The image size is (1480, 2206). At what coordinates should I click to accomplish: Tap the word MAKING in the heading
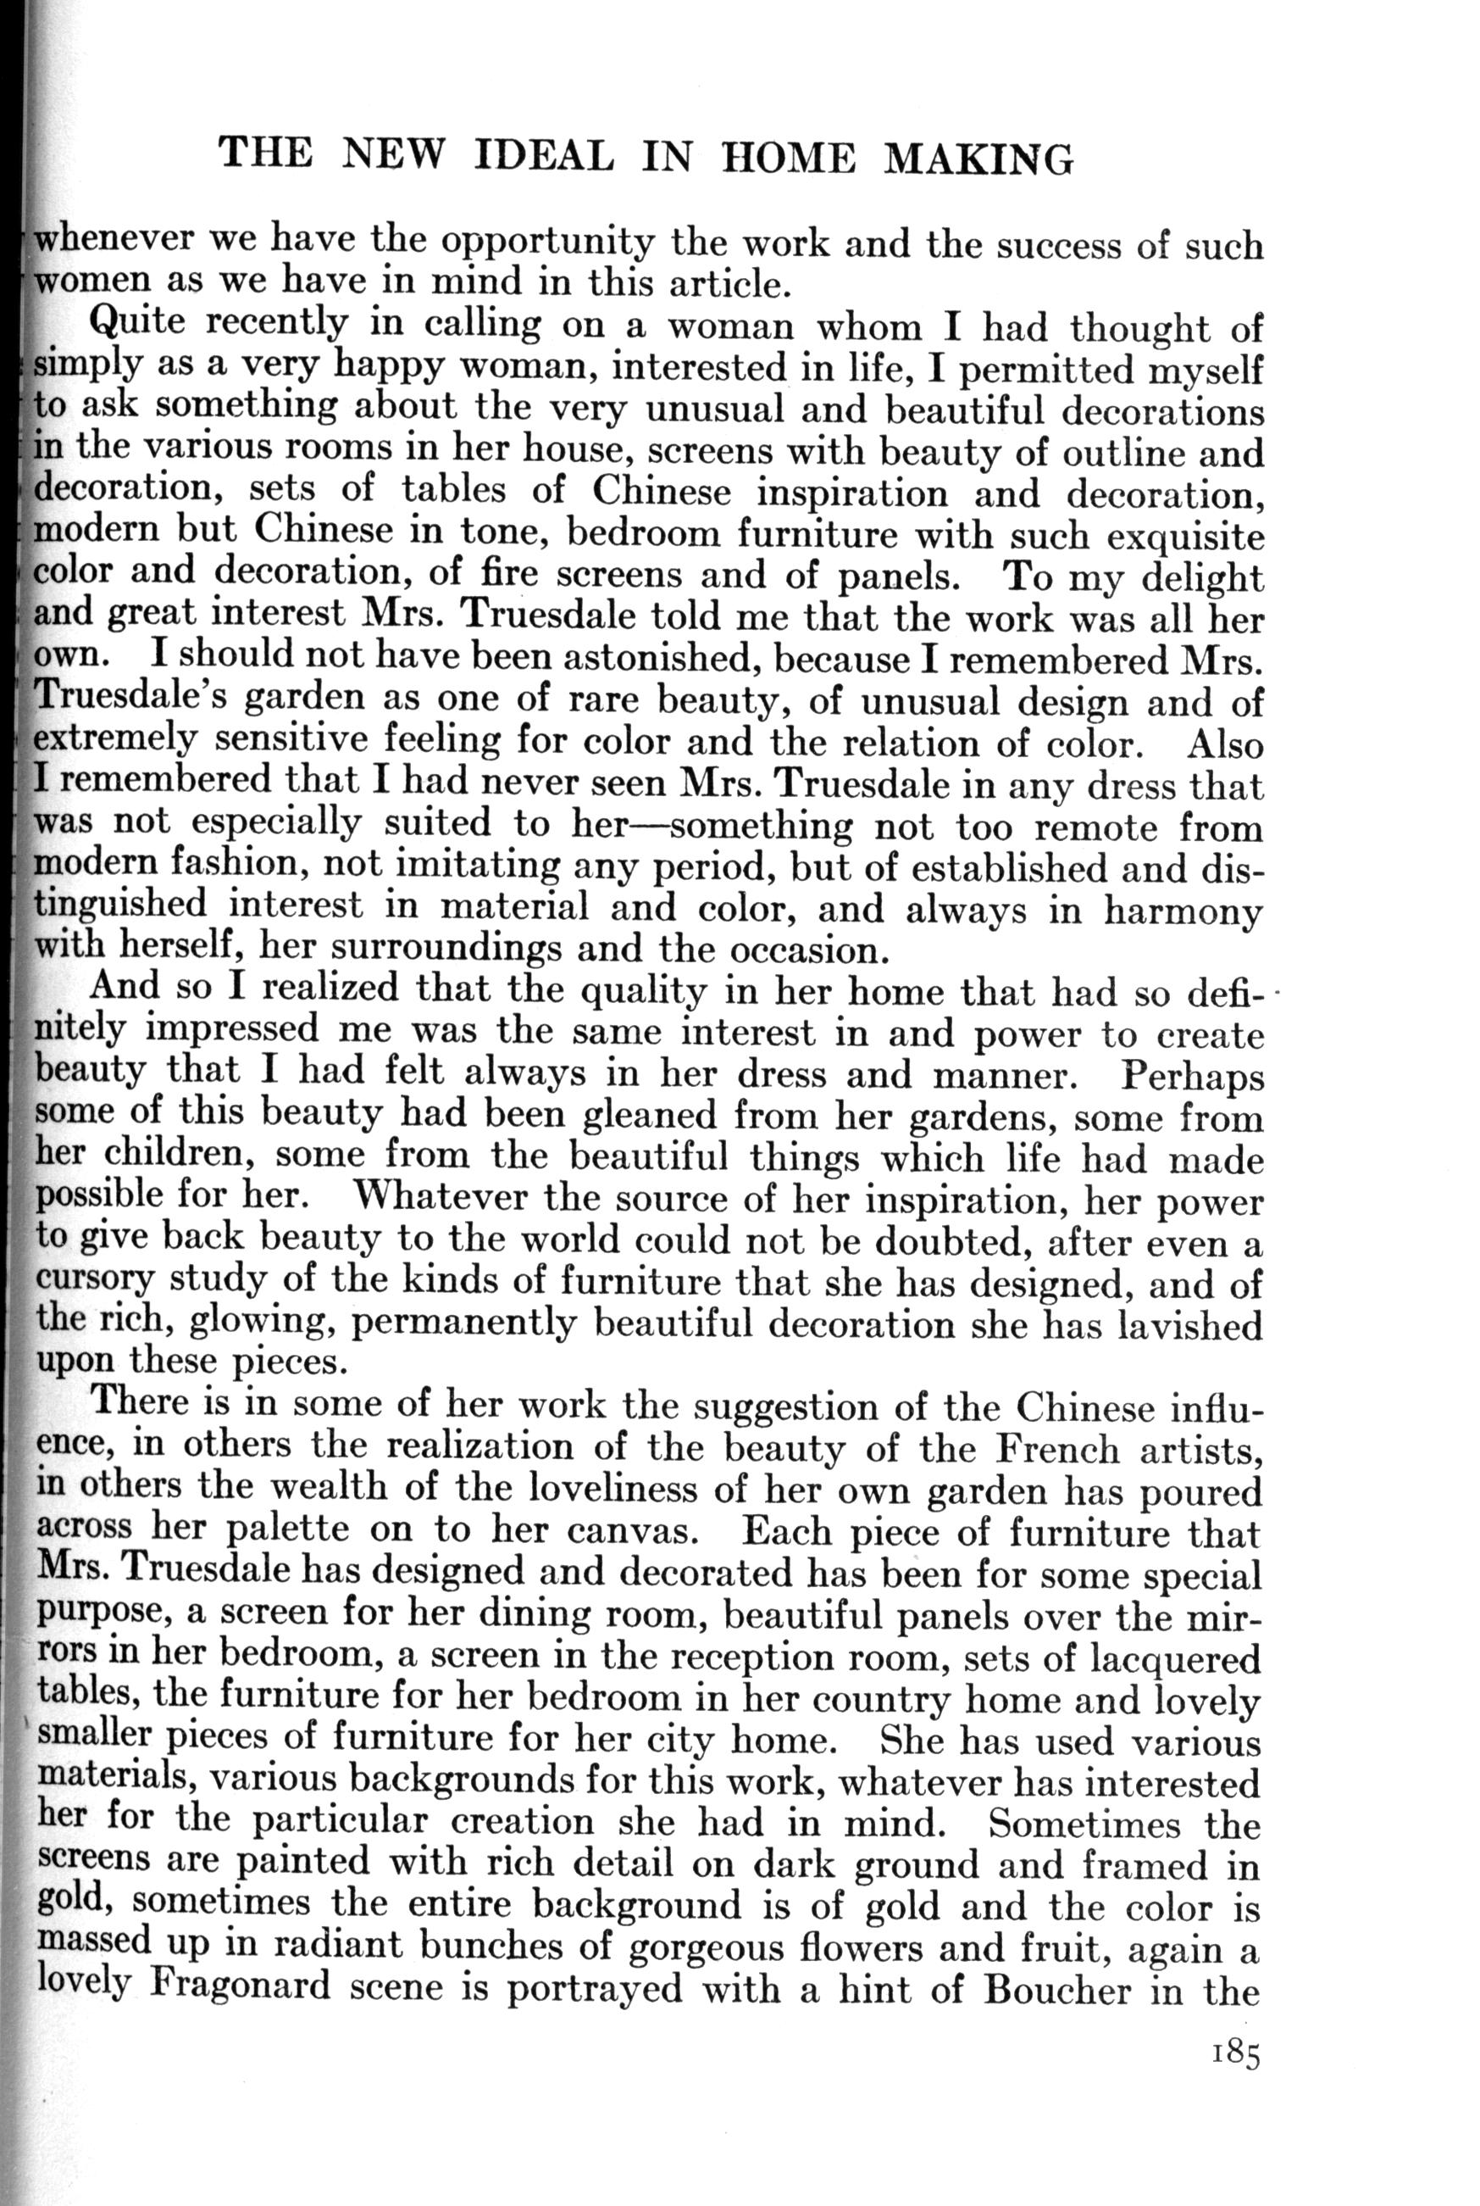pos(978,158)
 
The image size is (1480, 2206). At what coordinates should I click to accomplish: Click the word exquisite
pos(1184,536)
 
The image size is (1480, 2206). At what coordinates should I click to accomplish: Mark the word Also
pos(1224,745)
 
